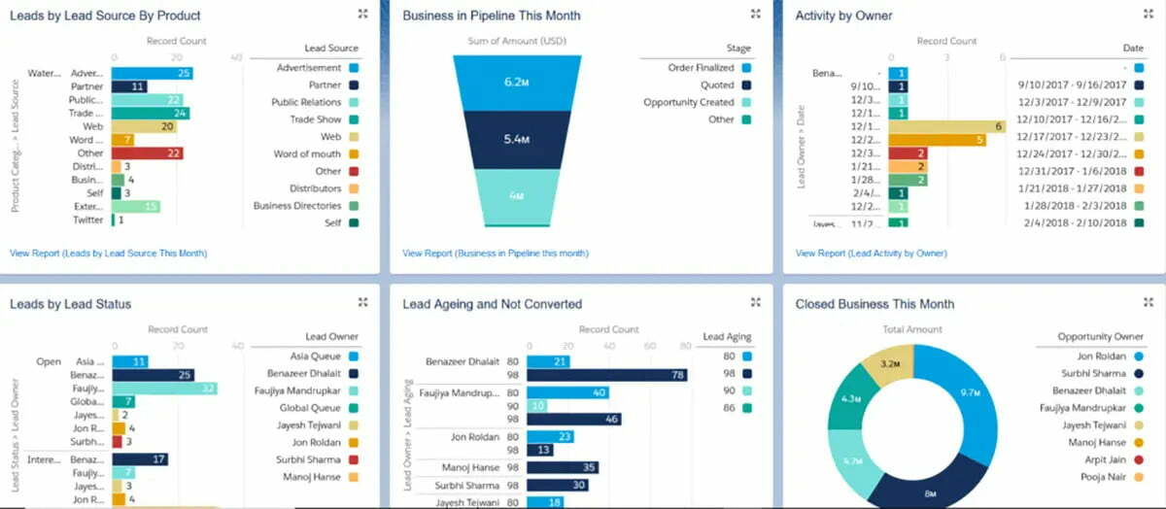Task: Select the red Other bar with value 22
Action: [147, 153]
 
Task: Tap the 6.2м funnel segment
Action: [514, 82]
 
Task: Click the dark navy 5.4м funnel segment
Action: [514, 140]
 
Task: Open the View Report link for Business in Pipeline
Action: [495, 254]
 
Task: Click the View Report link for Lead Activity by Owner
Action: [871, 254]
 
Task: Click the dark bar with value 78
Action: [607, 375]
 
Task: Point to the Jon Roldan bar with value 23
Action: [550, 436]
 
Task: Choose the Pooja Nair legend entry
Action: [1103, 477]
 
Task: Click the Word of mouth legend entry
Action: [307, 154]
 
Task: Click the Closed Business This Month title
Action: [874, 304]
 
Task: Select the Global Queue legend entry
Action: [310, 408]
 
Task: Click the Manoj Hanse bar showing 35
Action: [563, 467]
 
